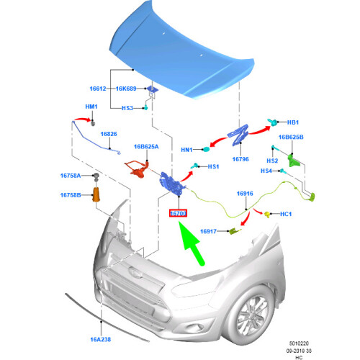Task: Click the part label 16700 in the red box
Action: (x=178, y=213)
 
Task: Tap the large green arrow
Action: (x=192, y=243)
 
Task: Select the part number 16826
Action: (x=109, y=134)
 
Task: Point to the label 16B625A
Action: (x=146, y=146)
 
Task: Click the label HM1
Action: (x=91, y=107)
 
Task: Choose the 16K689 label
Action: (x=126, y=89)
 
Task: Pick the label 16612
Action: (x=98, y=89)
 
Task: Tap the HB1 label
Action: (x=293, y=122)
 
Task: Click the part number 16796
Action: (x=240, y=159)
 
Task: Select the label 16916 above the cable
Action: (x=245, y=194)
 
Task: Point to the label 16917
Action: (x=208, y=231)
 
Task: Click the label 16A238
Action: (x=101, y=339)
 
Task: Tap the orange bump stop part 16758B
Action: (x=96, y=195)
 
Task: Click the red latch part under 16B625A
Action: (x=138, y=168)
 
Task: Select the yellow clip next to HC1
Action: (x=267, y=214)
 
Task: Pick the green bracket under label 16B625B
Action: (x=293, y=161)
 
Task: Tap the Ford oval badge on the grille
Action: (x=135, y=273)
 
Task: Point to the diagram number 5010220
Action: (x=299, y=343)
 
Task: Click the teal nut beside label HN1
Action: (x=206, y=149)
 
